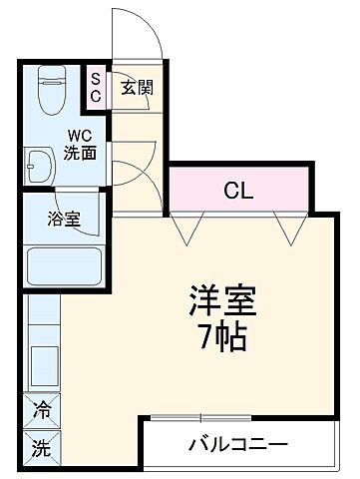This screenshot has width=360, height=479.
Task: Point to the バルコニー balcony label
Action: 237,443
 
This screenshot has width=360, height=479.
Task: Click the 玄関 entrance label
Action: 137,88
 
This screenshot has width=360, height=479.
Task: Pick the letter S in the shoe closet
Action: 97,78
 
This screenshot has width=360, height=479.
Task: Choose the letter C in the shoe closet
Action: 97,96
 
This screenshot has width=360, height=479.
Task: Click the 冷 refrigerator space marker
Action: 42,410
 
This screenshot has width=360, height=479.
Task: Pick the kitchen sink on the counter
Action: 43,367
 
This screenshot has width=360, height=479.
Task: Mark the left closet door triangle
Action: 181,230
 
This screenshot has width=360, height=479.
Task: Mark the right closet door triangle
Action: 291,230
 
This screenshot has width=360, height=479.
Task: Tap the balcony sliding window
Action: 199,416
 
